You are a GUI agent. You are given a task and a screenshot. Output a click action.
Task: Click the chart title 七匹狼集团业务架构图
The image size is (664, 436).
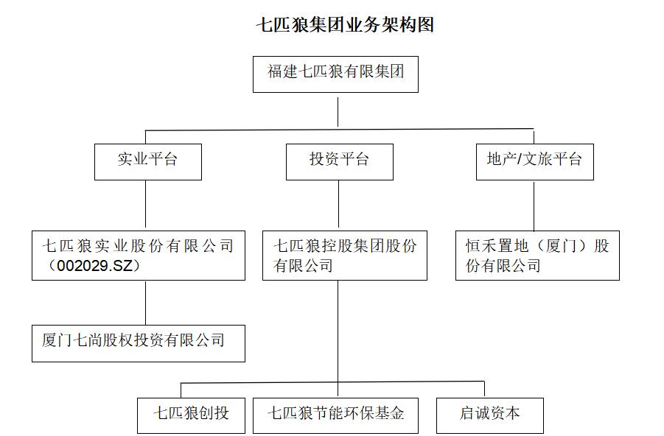coord(345,25)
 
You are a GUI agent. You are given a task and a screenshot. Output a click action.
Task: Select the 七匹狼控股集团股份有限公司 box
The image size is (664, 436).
coord(344,256)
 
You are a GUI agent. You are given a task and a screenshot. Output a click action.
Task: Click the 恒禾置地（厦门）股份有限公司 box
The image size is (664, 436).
coord(537,256)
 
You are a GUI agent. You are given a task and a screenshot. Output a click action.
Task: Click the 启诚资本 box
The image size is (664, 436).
coord(489,415)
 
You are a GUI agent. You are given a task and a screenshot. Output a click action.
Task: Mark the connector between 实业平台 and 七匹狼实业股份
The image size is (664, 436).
coord(145,205)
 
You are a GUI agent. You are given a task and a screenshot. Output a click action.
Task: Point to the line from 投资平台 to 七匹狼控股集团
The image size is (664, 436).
coord(339,205)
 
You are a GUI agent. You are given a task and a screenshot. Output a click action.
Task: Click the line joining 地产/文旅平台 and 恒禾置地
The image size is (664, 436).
coord(534,205)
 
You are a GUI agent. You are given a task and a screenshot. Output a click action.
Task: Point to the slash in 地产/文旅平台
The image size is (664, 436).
coord(518,160)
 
